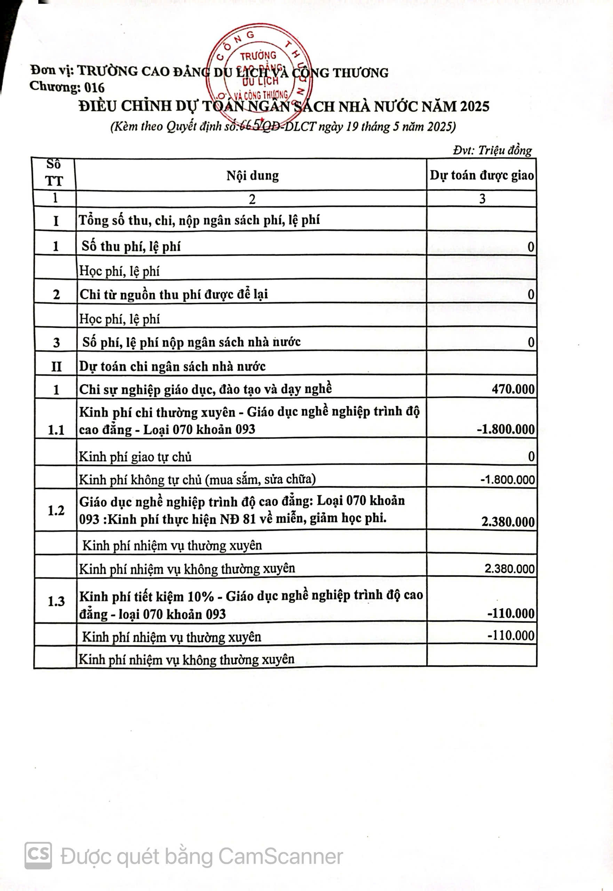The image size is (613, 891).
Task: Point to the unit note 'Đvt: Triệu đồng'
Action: click(x=492, y=150)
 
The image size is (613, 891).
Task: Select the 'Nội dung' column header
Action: click(x=252, y=175)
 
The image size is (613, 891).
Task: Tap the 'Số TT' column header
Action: click(x=54, y=173)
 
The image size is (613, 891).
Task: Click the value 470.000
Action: click(x=513, y=389)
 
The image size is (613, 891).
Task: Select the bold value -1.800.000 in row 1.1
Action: click(x=505, y=429)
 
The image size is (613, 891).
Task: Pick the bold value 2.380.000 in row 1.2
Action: click(x=508, y=522)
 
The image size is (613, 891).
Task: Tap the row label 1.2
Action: click(x=56, y=511)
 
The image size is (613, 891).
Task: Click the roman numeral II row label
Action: click(x=56, y=366)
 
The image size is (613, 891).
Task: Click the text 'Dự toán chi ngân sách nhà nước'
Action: click(x=172, y=366)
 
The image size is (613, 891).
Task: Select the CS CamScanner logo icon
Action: click(x=38, y=855)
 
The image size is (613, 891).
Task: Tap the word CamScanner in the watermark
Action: click(x=280, y=857)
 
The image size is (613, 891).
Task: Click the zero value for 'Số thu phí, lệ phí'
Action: click(x=531, y=247)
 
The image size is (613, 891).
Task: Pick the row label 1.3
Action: click(x=56, y=601)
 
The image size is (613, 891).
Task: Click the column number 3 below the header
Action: click(x=482, y=199)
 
